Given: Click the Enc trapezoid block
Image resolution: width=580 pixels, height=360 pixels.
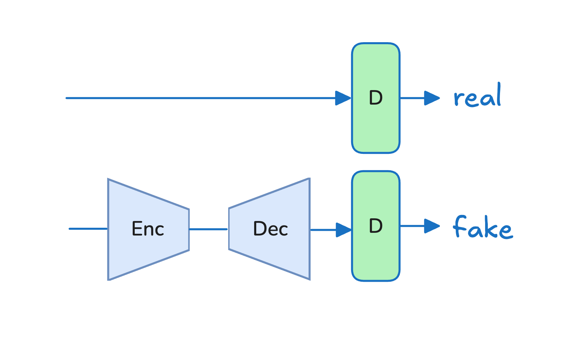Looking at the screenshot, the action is (x=148, y=229).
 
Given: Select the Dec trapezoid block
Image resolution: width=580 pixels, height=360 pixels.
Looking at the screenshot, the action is (x=269, y=229).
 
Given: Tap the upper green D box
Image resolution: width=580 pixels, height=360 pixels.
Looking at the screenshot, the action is (x=376, y=98).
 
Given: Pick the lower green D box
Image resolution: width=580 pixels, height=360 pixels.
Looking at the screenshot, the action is (x=376, y=226).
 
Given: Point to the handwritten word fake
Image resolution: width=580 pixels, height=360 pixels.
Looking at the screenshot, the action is (x=483, y=227).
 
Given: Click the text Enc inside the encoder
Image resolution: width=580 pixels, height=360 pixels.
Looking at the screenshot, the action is (x=148, y=229).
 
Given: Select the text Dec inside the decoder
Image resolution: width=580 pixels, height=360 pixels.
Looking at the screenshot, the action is (x=270, y=229).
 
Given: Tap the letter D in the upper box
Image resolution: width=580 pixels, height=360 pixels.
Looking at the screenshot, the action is (x=376, y=98).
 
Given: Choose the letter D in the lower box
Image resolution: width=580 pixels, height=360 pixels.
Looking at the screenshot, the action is (x=376, y=226).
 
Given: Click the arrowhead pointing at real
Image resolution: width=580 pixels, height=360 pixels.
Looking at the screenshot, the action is (x=432, y=98).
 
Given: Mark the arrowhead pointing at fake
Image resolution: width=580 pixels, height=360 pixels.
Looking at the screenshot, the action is (x=432, y=226).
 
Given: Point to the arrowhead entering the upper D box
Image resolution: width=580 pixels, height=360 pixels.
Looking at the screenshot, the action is (x=343, y=98).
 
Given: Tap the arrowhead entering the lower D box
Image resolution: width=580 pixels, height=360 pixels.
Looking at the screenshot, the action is (x=344, y=230).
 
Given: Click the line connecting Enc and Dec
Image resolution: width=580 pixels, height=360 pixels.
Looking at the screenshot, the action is (x=208, y=229).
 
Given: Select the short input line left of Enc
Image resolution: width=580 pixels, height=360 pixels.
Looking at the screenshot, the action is (x=88, y=229).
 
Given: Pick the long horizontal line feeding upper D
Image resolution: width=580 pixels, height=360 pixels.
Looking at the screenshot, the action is (x=201, y=98).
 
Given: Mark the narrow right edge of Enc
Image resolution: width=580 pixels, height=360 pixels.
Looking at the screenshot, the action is (x=189, y=230).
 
